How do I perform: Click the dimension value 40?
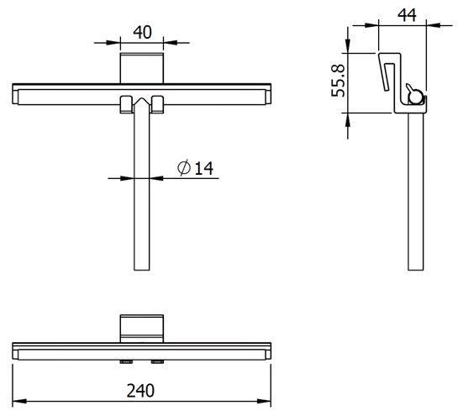[142, 33]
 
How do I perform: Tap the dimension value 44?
[407, 15]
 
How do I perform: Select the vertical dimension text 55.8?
[338, 81]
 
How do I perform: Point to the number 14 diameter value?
[203, 168]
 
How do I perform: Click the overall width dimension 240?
[140, 391]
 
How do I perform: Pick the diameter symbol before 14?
[184, 168]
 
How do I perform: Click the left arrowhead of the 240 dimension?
[19, 401]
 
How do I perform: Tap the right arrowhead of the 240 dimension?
[264, 401]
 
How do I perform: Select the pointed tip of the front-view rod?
[142, 98]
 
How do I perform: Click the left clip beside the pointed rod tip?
[126, 104]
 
